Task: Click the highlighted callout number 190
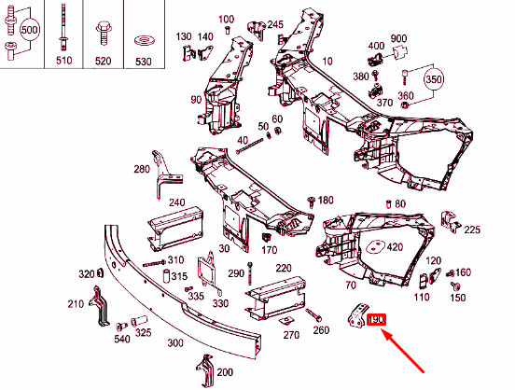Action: click(x=377, y=320)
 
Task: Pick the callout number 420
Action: click(x=395, y=247)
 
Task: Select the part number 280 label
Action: click(x=141, y=169)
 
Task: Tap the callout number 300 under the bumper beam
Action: click(x=174, y=343)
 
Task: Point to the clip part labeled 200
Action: click(x=202, y=370)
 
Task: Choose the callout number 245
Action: click(x=275, y=24)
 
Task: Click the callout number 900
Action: click(x=399, y=38)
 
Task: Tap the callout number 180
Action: click(x=326, y=201)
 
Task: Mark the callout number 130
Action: click(x=183, y=35)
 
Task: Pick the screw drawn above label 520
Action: click(x=102, y=35)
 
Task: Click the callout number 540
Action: click(x=123, y=340)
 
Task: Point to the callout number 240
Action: click(x=176, y=202)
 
